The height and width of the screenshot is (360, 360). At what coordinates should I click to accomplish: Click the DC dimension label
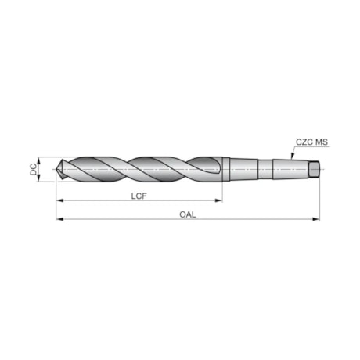pos(33,169)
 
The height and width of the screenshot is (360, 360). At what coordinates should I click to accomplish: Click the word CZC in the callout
pos(304,142)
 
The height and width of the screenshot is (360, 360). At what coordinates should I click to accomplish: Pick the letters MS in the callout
pos(322,142)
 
